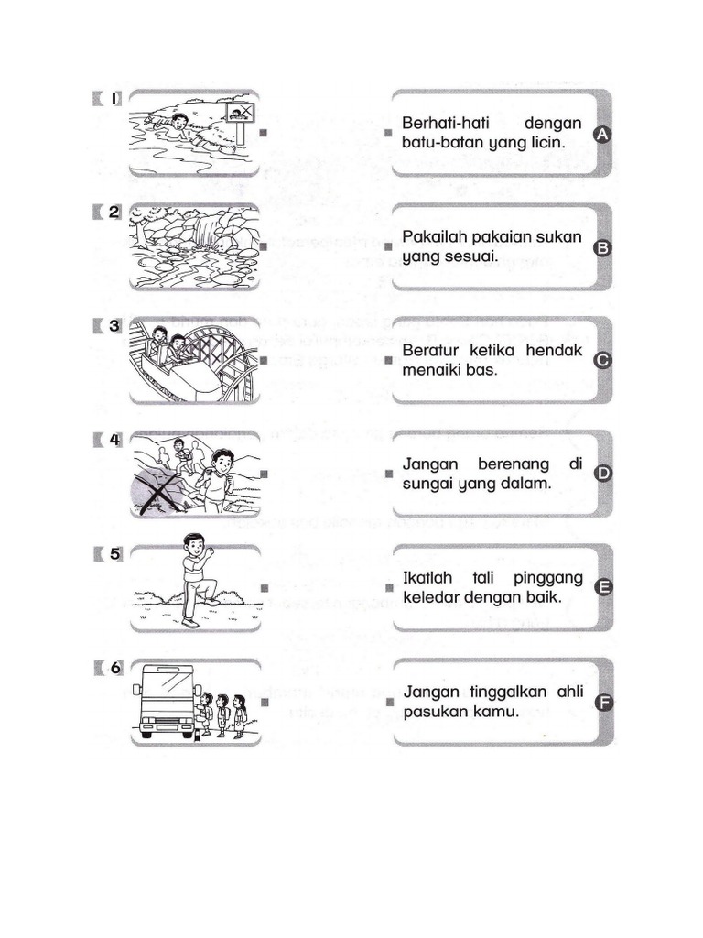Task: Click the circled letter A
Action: click(x=602, y=135)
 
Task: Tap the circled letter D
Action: click(x=602, y=474)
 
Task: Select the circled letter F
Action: click(x=602, y=703)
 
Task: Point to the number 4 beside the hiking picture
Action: click(x=115, y=439)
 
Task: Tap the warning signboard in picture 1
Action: click(x=239, y=114)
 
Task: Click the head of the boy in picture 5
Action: click(x=194, y=546)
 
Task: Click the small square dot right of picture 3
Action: click(x=262, y=361)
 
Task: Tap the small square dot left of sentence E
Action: click(x=389, y=588)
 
